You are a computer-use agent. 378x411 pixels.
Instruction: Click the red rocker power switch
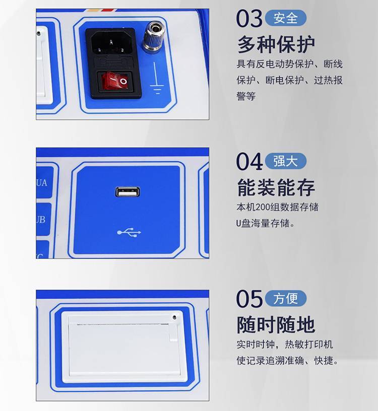[115, 81]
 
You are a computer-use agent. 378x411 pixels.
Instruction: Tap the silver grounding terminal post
[154, 37]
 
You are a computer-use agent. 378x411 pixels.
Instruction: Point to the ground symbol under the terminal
[156, 78]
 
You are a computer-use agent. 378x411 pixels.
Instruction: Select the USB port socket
[128, 191]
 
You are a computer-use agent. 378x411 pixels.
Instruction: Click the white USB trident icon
[129, 232]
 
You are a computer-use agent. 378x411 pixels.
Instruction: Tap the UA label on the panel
[42, 183]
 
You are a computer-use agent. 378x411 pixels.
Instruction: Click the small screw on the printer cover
[175, 317]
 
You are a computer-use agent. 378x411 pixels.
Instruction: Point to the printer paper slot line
[122, 324]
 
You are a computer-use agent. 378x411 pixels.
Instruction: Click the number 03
[249, 18]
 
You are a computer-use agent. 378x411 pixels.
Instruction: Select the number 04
[249, 162]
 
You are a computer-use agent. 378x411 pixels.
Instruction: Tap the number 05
[249, 299]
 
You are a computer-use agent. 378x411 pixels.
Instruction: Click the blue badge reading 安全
[286, 18]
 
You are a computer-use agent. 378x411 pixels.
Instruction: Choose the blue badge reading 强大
[286, 161]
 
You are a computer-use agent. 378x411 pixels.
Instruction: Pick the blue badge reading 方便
[286, 298]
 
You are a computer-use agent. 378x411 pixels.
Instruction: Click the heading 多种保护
[276, 44]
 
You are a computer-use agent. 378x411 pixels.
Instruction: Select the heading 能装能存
[276, 187]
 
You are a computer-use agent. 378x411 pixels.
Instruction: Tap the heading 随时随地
[276, 324]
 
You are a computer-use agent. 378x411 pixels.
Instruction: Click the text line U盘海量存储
[266, 223]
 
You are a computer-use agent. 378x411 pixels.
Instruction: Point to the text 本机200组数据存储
[278, 207]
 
